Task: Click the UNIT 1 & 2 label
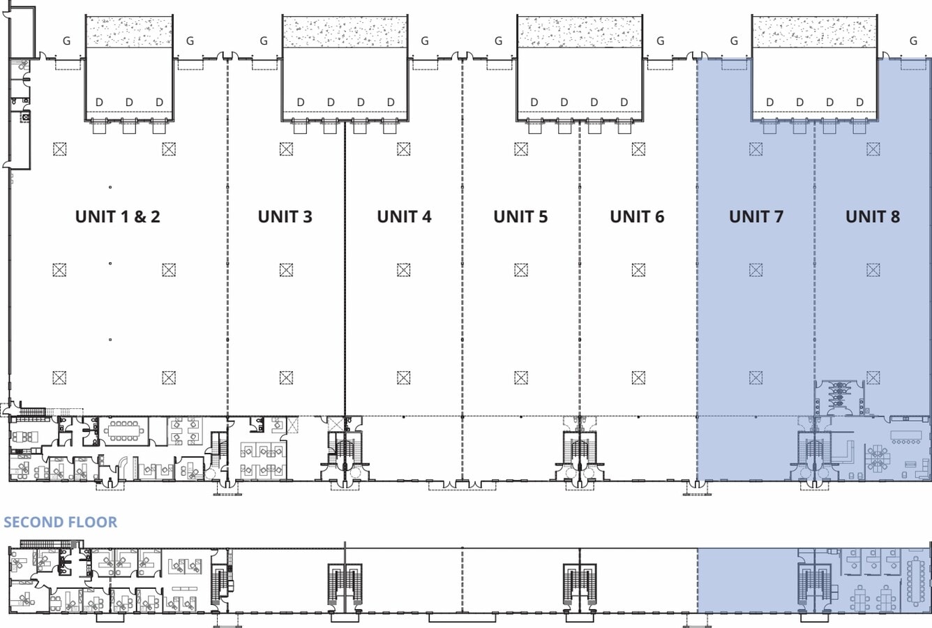(118, 217)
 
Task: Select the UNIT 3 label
(285, 217)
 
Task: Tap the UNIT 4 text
(404, 217)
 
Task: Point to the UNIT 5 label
(520, 217)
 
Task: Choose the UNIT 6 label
(637, 217)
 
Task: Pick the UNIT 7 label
(756, 217)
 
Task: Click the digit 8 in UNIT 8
(894, 217)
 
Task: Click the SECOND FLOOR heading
(60, 523)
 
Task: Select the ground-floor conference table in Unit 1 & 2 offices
(124, 431)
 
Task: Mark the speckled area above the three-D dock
(129, 31)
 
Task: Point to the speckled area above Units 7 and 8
(815, 31)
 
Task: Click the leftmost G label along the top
(66, 40)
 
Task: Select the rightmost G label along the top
(913, 40)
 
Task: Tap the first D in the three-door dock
(99, 102)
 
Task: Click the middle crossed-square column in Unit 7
(756, 270)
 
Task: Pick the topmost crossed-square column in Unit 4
(403, 149)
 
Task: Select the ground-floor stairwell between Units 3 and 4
(345, 449)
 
